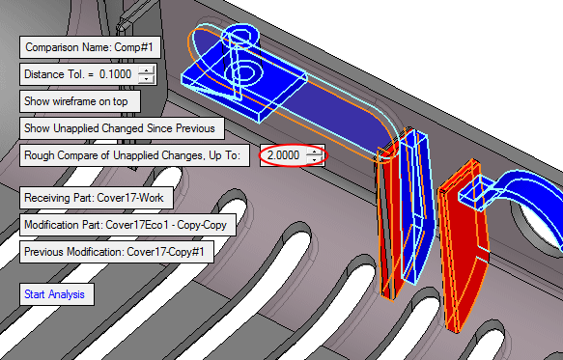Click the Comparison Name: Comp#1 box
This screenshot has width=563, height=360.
(x=90, y=47)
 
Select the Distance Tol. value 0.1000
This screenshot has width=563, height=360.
(x=115, y=74)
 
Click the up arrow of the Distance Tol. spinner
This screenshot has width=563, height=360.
(x=146, y=70)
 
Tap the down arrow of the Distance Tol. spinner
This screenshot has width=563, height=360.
(x=146, y=78)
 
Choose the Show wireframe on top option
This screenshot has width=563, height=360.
(x=80, y=101)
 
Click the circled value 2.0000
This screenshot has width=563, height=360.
(x=283, y=155)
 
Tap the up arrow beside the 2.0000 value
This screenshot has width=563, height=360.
(x=314, y=152)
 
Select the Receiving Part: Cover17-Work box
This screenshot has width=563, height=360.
(x=97, y=198)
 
